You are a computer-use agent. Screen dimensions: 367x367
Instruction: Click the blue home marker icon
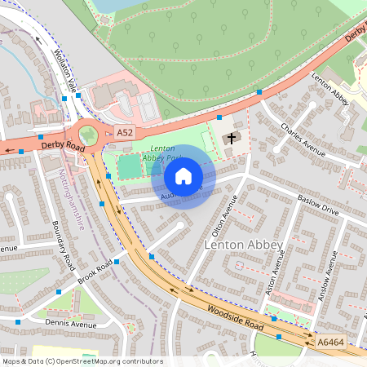(183, 176)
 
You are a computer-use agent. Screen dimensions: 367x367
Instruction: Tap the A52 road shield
(125, 132)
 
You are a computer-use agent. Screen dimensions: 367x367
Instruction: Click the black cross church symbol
(232, 138)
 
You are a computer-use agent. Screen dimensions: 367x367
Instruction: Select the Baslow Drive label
(317, 210)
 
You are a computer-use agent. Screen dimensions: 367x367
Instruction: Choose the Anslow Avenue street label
(330, 274)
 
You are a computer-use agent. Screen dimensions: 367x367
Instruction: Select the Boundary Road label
(64, 245)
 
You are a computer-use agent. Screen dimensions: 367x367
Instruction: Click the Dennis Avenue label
(70, 324)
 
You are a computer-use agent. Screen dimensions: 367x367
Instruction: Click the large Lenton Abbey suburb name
(243, 245)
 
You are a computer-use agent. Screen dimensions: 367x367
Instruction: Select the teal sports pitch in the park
(130, 167)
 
